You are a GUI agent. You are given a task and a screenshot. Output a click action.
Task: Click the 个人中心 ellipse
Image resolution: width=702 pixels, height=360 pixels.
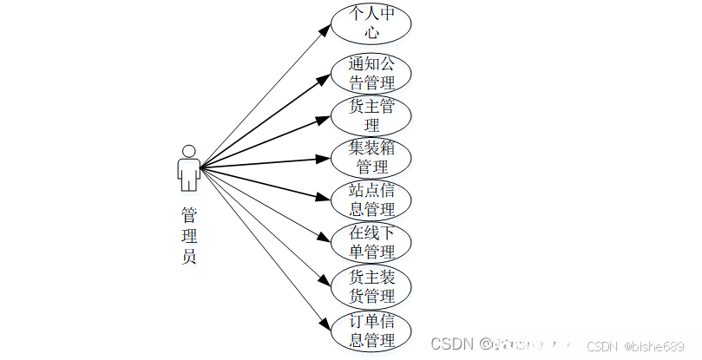pos(371,24)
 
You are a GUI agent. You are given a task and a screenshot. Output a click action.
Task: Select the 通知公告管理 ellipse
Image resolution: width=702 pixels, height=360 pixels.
pos(371,73)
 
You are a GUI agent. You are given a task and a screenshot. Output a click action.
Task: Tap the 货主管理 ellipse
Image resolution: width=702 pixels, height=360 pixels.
pos(371,115)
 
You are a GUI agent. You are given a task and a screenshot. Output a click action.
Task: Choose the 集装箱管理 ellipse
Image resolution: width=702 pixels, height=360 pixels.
pos(371,157)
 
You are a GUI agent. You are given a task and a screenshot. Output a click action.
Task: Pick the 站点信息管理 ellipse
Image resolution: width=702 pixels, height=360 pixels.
pos(371,200)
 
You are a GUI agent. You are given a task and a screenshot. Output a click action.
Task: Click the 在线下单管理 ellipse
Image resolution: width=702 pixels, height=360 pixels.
pos(371,243)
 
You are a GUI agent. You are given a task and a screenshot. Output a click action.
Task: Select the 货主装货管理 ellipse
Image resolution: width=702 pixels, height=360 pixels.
pos(371,286)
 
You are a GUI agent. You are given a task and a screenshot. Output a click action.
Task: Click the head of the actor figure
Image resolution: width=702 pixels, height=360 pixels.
pos(188,150)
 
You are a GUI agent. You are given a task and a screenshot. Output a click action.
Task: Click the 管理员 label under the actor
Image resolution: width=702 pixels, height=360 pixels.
pos(188,234)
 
